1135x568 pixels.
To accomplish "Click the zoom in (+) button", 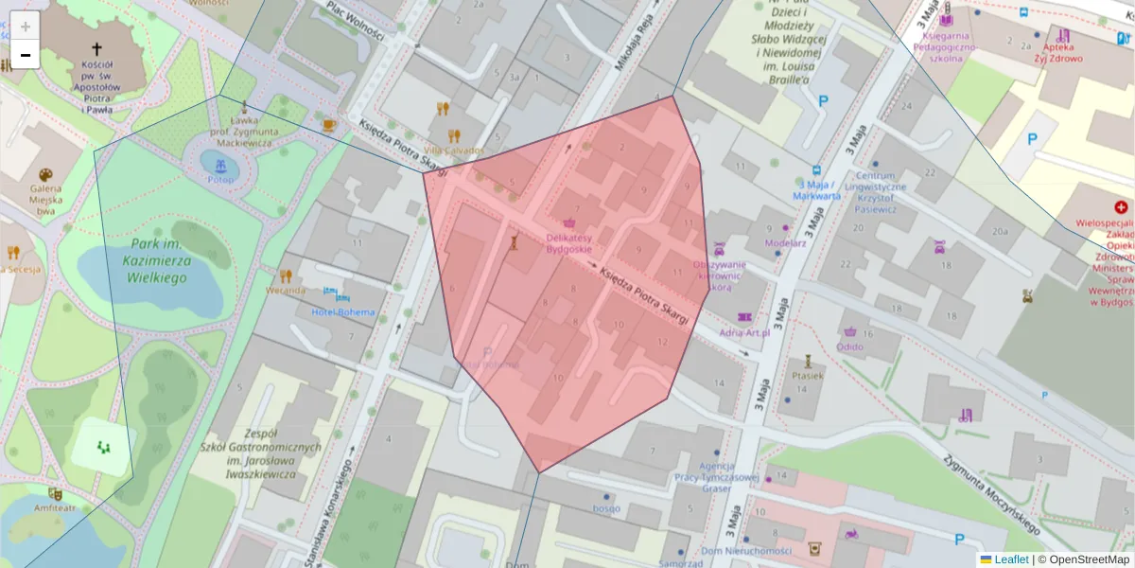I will (x=26, y=26).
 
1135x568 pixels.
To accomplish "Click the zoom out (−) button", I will (x=26, y=55).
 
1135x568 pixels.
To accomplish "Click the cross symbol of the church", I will (x=96, y=48).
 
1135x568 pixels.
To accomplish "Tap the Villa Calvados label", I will (x=453, y=151).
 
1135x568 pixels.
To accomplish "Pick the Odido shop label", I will (x=850, y=346).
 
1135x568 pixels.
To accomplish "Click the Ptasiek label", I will (x=809, y=375).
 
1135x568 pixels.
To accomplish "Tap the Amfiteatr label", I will (x=56, y=508).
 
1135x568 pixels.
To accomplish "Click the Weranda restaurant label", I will (x=285, y=290).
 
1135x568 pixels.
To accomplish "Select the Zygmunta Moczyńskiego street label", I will (x=991, y=492).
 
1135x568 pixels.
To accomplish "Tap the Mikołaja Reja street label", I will (x=633, y=49).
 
